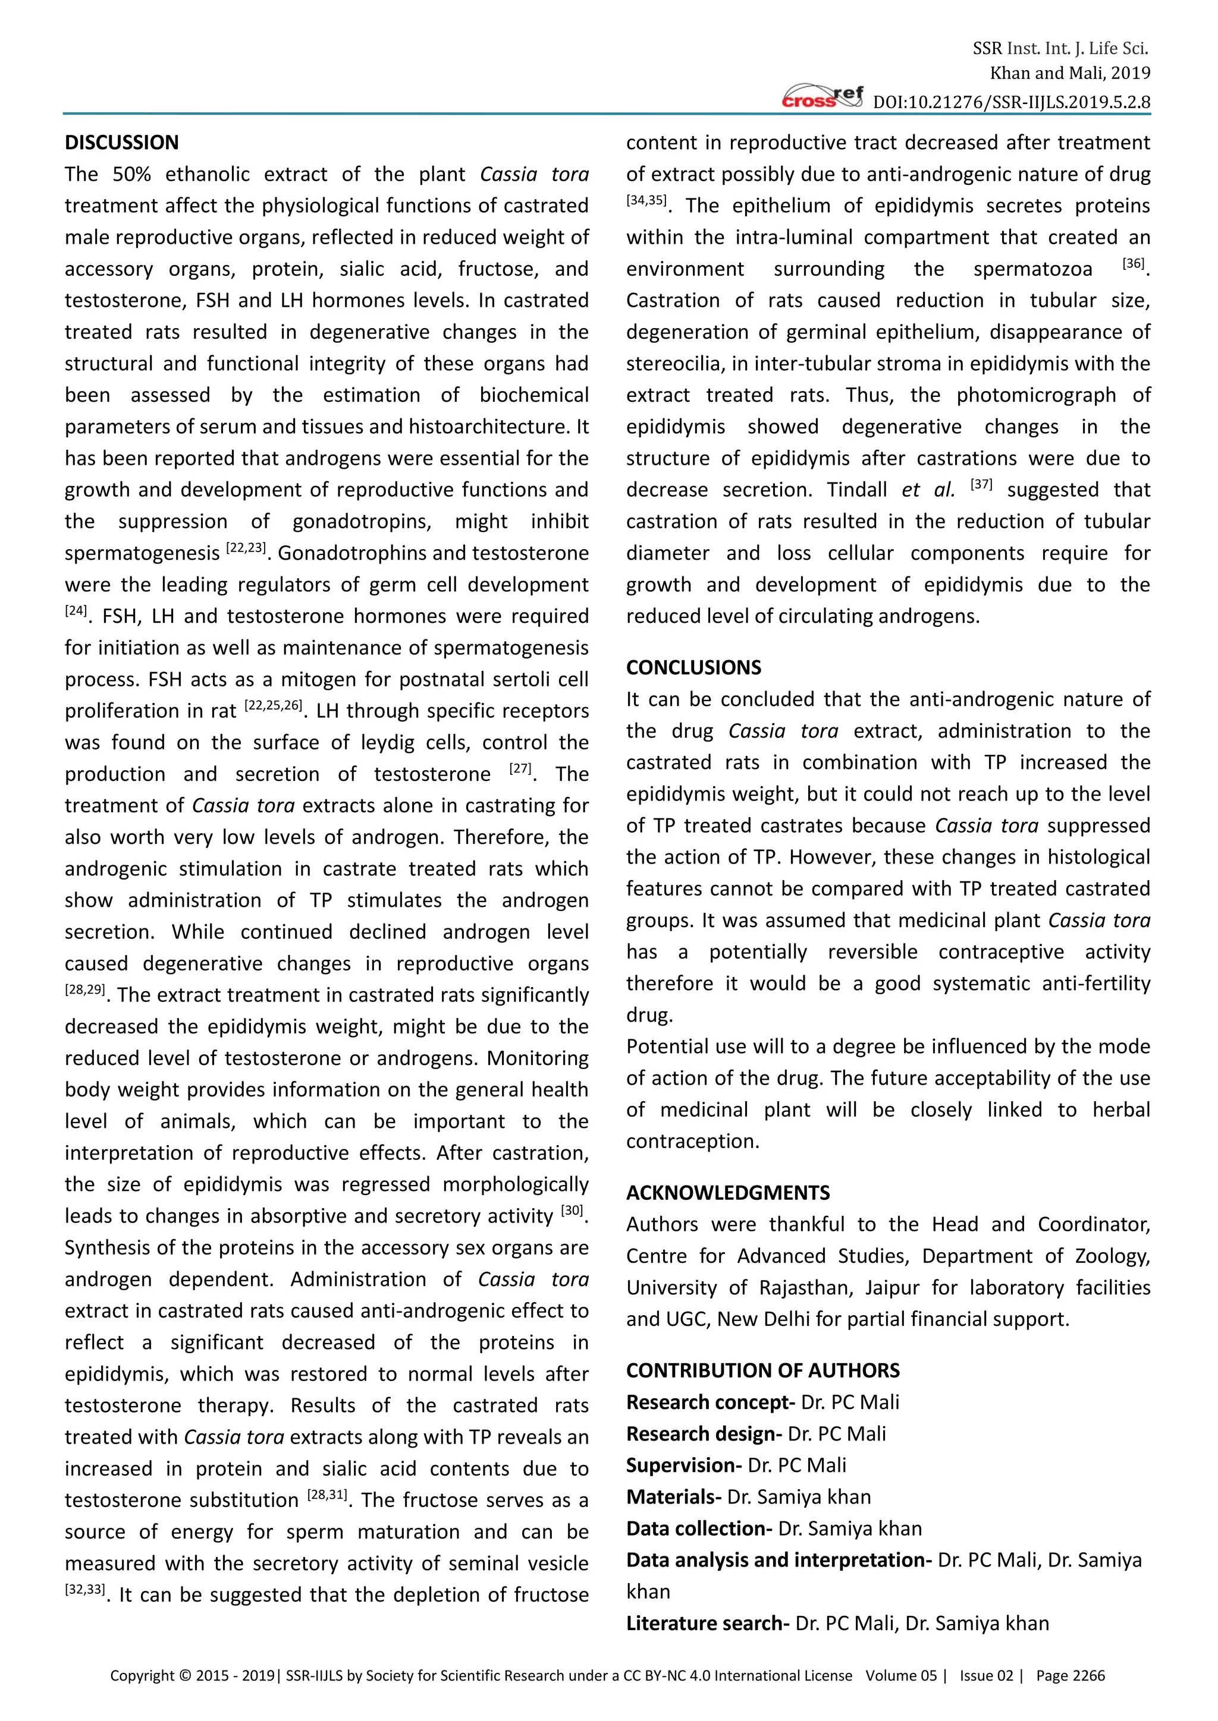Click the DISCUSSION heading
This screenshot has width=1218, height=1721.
pos(121,143)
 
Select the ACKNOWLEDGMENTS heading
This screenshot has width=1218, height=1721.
pos(727,1193)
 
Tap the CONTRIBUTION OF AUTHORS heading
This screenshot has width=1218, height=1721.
pos(763,1370)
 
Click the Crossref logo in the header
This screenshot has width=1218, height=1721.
pos(823,97)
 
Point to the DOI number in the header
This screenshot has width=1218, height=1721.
pos(1012,102)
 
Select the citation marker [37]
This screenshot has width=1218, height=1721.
pos(981,484)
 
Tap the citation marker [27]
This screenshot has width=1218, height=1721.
pos(520,768)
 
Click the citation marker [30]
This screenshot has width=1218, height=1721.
pos(572,1211)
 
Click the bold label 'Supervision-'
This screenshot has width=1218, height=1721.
pos(684,1465)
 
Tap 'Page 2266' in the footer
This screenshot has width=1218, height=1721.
pos(1071,1675)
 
